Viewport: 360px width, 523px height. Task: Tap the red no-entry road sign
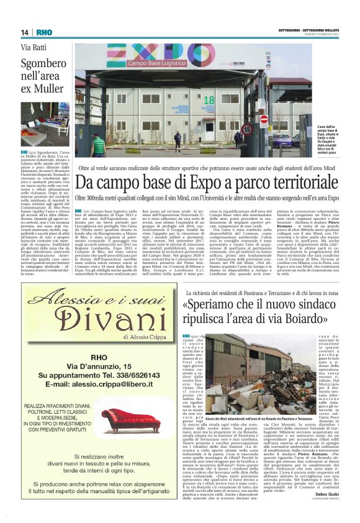pyautogui.click(x=263, y=119)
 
